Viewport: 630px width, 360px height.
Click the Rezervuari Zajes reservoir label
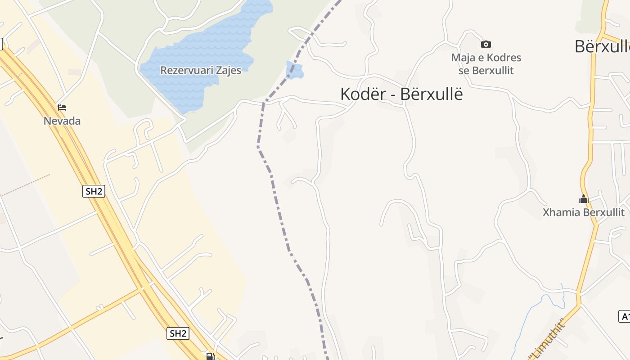click(201, 71)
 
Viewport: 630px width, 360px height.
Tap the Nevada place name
click(62, 121)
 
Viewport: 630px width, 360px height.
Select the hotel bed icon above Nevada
click(62, 108)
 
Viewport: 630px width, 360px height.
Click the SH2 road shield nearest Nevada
click(94, 191)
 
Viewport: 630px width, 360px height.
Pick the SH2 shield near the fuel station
click(178, 333)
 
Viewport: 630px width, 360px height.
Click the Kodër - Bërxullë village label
click(401, 94)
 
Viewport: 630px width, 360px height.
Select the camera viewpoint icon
click(486, 44)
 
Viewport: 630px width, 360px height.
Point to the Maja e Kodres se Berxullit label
click(486, 64)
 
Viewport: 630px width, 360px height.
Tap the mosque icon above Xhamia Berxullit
click(584, 198)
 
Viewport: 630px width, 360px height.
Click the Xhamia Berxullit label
click(584, 212)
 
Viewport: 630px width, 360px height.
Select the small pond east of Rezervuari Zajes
click(295, 70)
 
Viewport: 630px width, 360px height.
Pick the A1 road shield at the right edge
click(625, 316)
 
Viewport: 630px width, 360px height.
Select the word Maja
click(463, 58)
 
